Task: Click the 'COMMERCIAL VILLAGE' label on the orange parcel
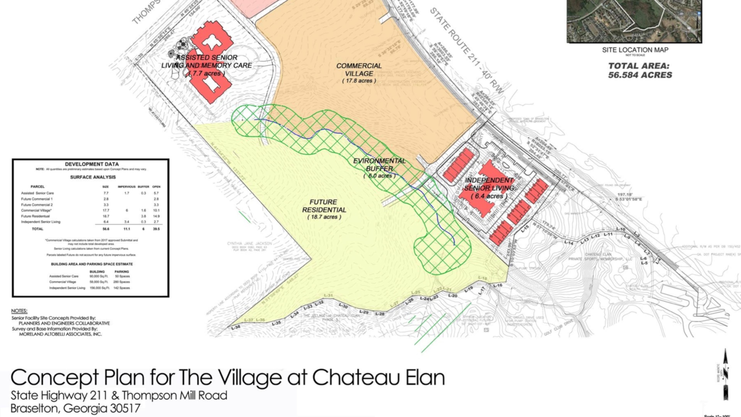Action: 359,70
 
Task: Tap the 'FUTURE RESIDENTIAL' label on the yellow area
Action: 324,206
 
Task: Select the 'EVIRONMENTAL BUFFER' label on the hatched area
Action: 379,165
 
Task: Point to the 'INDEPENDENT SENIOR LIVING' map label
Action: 489,184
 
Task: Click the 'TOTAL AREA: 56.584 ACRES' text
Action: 640,70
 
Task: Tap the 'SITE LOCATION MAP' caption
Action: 635,50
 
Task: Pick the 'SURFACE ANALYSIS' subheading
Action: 93,177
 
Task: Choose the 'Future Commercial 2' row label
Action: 37,205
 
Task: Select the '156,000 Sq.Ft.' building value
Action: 100,288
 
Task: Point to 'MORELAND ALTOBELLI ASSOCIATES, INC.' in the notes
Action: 60,334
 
